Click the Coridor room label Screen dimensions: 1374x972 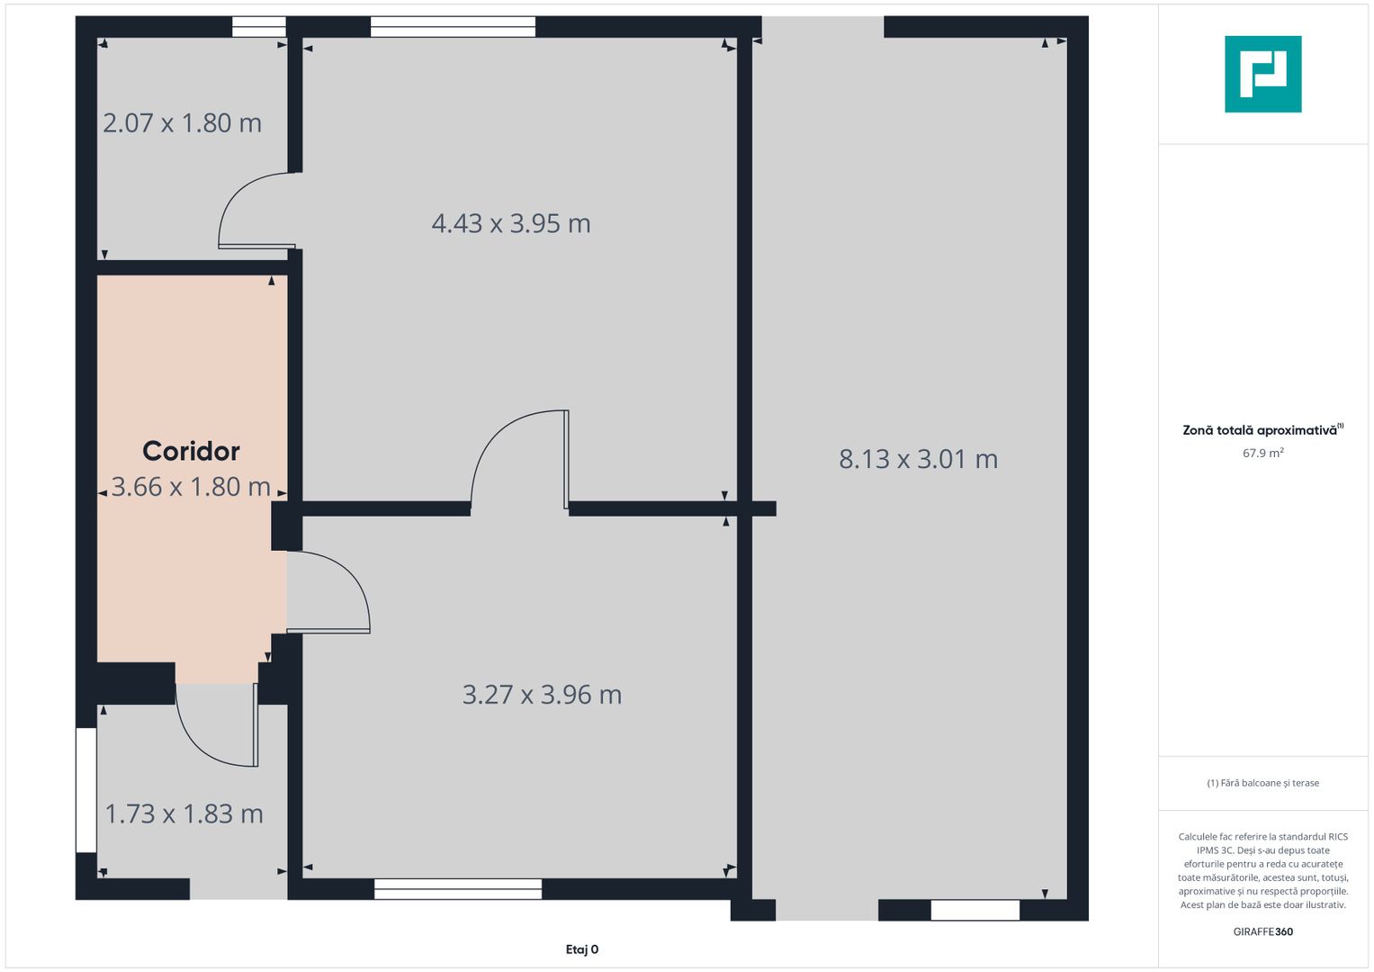(x=191, y=452)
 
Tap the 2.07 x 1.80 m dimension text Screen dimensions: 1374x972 (x=182, y=123)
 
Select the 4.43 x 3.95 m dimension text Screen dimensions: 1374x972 (x=511, y=223)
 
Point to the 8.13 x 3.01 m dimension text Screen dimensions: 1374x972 (x=918, y=459)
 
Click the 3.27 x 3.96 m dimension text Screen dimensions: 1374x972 (x=543, y=695)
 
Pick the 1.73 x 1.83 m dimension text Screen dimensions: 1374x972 (x=184, y=814)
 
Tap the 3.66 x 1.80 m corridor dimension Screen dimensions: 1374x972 (x=191, y=487)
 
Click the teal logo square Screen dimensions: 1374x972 (x=1263, y=74)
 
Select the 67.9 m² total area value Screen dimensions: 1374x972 (x=1263, y=453)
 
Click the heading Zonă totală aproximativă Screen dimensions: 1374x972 (x=1260, y=430)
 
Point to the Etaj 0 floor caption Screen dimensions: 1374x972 (x=582, y=949)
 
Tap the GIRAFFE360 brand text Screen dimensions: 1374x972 (x=1263, y=931)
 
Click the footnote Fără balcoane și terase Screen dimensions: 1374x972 (x=1263, y=783)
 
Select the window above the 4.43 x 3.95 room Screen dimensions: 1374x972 (x=454, y=27)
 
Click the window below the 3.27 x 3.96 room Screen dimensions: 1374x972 (x=458, y=888)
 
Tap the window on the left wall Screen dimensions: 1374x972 (x=86, y=790)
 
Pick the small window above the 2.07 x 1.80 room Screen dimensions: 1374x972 (x=259, y=27)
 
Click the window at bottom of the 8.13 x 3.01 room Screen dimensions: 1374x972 (x=975, y=910)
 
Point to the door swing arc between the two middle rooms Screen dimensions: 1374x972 (x=489, y=440)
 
